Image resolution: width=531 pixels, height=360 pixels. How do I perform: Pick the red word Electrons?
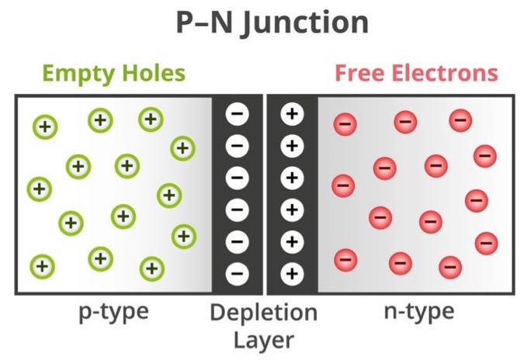pos(446,74)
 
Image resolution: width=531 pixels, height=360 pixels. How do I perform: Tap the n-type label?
pos(419,312)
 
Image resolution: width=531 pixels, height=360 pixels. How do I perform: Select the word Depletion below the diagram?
pos(264,313)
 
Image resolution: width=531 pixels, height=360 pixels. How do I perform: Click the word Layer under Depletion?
pos(264,339)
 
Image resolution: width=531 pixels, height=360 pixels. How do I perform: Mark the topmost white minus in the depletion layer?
pos(238,114)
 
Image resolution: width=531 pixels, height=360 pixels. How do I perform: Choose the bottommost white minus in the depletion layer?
pos(238,273)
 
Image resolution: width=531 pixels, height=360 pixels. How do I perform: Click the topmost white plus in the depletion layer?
pos(292,114)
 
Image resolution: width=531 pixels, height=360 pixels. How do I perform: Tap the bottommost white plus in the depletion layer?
pos(292,273)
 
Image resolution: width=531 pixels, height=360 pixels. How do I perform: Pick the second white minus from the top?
pos(238,146)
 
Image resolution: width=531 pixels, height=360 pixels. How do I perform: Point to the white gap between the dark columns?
pos(265,194)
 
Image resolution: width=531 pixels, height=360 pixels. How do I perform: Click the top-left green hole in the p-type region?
pos(44,126)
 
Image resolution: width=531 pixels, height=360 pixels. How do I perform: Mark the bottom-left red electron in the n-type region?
pos(346,259)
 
